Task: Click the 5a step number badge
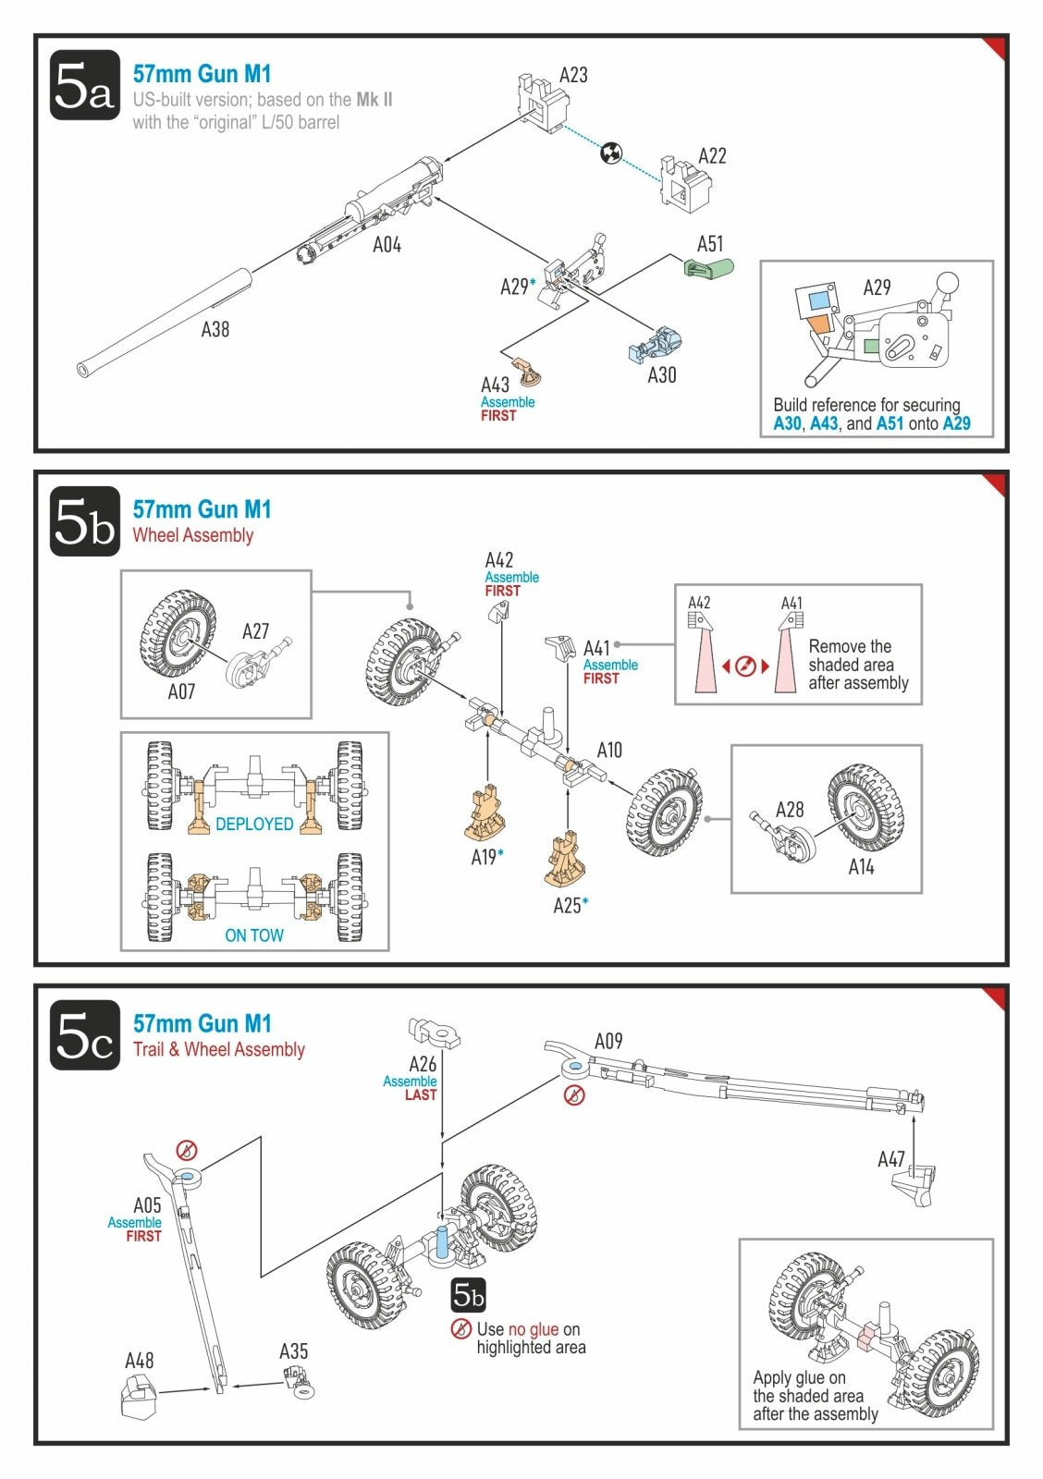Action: click(x=85, y=85)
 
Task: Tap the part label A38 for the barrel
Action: click(x=215, y=329)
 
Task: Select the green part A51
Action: click(x=709, y=268)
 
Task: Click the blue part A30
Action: click(x=656, y=344)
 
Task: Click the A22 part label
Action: click(x=712, y=156)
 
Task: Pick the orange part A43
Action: click(x=527, y=372)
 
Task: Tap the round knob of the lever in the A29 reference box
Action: click(x=948, y=283)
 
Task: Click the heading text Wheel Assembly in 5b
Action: click(x=193, y=535)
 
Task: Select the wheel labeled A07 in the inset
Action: click(x=178, y=632)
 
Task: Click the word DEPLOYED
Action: click(x=254, y=824)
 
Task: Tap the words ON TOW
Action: click(x=254, y=935)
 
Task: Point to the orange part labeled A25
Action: click(x=566, y=861)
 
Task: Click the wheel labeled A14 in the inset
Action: click(x=865, y=808)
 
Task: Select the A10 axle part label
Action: click(x=609, y=750)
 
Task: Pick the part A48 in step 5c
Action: click(x=140, y=1396)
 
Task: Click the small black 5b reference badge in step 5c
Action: click(x=468, y=1295)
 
